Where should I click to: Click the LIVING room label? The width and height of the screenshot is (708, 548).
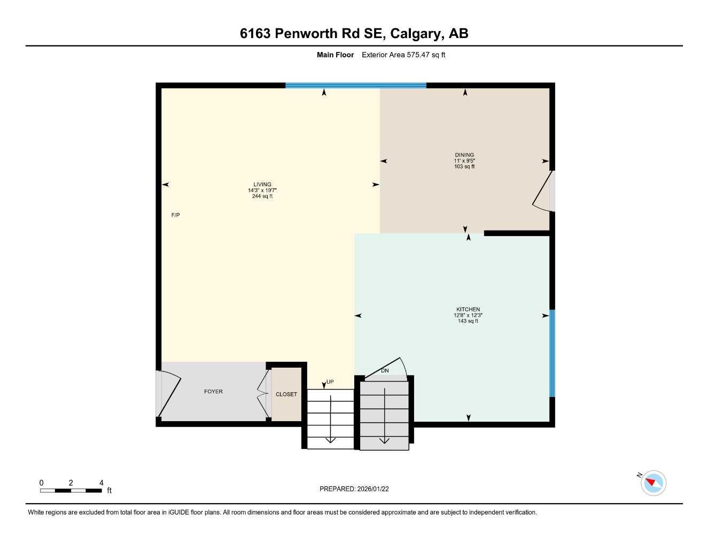click(x=262, y=185)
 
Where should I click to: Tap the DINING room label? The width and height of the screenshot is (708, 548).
click(x=464, y=155)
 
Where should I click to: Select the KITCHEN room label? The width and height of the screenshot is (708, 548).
click(x=468, y=309)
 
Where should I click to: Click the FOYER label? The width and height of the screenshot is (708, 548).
click(x=213, y=392)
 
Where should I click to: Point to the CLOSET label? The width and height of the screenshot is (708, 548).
click(x=286, y=394)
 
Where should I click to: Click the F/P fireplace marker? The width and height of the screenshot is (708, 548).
click(x=175, y=215)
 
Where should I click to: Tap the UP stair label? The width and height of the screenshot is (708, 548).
click(x=330, y=382)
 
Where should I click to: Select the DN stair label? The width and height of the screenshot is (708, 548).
click(x=385, y=370)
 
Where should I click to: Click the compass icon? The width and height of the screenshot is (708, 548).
click(x=653, y=483)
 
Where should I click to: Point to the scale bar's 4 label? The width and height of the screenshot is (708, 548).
click(x=102, y=483)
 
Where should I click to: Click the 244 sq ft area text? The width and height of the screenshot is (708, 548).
click(x=262, y=196)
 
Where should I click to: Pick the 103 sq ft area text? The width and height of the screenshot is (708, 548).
click(x=464, y=166)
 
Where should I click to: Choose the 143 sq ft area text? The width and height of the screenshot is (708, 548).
click(x=468, y=321)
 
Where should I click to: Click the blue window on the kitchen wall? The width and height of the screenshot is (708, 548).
click(x=553, y=353)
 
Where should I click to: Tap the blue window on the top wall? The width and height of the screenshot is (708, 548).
click(x=356, y=85)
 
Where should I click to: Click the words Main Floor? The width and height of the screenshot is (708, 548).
click(x=335, y=55)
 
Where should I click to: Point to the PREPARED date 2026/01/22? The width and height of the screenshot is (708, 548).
click(x=373, y=489)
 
